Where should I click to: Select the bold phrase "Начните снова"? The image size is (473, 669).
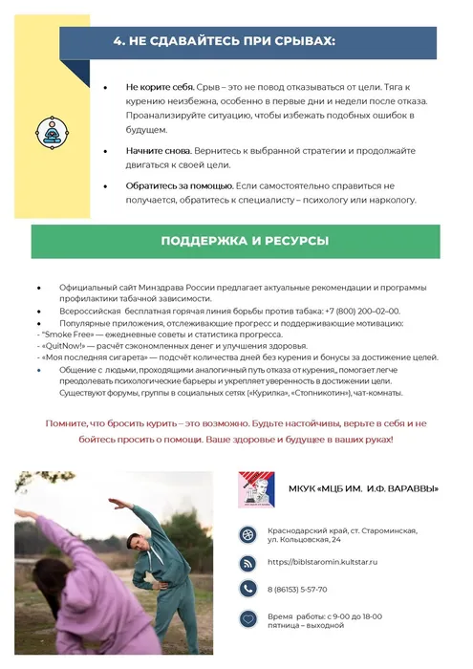pyautogui.click(x=158, y=151)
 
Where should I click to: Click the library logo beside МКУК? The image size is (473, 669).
pyautogui.click(x=256, y=488)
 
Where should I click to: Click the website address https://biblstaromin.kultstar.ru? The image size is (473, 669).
pyautogui.click(x=325, y=562)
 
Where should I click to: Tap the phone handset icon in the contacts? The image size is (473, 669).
pyautogui.click(x=247, y=589)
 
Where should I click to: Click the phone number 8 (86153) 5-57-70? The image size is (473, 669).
pyautogui.click(x=297, y=590)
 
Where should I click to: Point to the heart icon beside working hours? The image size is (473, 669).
pyautogui.click(x=247, y=619)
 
